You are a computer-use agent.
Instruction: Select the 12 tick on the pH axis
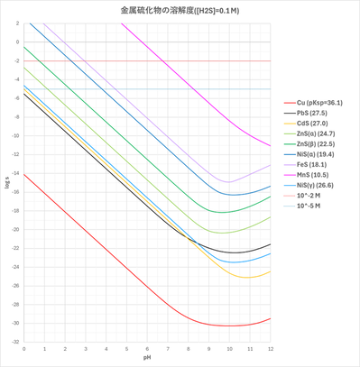[x=271, y=348]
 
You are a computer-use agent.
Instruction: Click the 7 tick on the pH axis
[x=168, y=348]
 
